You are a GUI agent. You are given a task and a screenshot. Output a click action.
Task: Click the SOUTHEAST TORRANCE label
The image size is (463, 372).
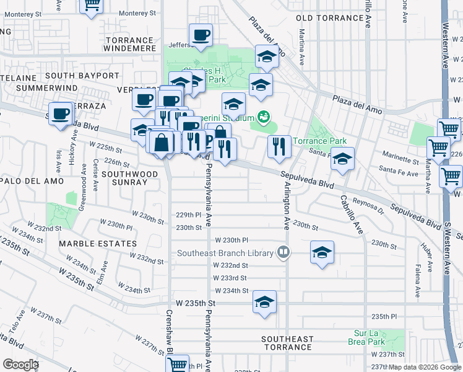pos(287,343)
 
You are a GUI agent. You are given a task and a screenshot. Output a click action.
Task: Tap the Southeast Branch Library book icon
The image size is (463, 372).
pos(283,252)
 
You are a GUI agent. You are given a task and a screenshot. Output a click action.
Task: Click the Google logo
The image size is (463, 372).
pos(20,364)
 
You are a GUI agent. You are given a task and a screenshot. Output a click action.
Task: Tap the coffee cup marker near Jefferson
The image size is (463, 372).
pos(201,36)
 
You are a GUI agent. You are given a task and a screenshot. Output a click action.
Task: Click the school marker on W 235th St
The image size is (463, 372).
pos(264,303)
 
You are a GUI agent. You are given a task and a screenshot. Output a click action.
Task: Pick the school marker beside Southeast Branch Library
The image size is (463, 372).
pos(322,253)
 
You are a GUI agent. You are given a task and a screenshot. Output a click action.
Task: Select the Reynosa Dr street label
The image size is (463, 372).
pos(368,203)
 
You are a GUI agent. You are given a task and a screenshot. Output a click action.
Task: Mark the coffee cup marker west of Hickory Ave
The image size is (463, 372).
pos(61,114)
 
